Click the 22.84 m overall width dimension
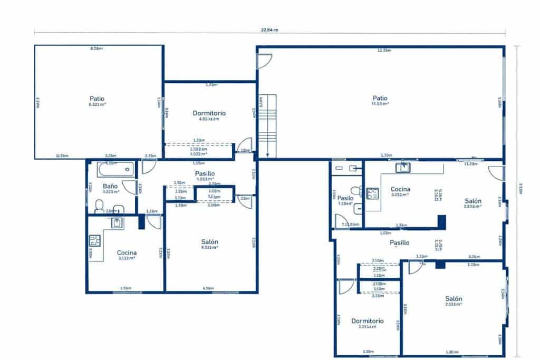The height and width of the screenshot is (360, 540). point(269,30)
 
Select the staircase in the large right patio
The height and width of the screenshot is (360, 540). point(267,125)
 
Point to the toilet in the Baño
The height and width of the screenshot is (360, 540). point(99,206)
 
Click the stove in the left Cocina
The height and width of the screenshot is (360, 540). point(95,241)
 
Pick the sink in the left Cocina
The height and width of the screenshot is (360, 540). point(117,223)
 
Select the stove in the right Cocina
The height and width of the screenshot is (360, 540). point(372,193)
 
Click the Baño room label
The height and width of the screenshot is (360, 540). point(110,186)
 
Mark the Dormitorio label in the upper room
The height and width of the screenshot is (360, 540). point(209,113)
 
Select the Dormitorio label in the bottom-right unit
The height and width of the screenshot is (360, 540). point(367,320)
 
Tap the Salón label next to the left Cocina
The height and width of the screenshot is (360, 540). point(209,242)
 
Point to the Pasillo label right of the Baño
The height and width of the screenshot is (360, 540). point(205,173)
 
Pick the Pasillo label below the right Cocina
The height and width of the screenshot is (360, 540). point(399,243)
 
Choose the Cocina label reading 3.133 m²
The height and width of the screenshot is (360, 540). point(127,253)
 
